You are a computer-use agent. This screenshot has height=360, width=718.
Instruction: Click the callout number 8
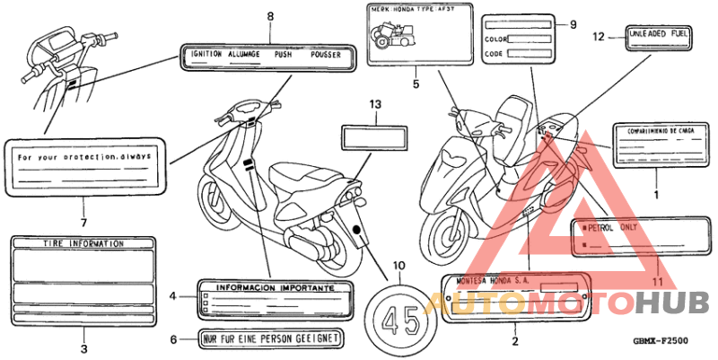pos(270,16)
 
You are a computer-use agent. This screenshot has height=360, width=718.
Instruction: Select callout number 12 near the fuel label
pos(599,37)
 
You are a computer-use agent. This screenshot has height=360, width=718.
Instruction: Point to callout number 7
pos(83,222)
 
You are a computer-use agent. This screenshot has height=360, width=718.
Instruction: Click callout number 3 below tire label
pos(83,347)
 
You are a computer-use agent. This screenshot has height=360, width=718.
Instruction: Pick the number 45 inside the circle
pos(399,319)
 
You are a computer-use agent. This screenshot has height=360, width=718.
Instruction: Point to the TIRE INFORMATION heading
pos(84,243)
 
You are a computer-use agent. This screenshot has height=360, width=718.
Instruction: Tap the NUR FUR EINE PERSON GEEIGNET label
pos(269,338)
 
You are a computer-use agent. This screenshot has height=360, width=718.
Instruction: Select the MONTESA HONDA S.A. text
pos(493,281)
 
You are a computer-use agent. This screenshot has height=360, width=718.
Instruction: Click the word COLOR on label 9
pos(496,40)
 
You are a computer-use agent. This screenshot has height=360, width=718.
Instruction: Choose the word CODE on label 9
pos(494,54)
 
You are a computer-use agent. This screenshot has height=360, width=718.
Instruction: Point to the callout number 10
pos(398,265)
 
